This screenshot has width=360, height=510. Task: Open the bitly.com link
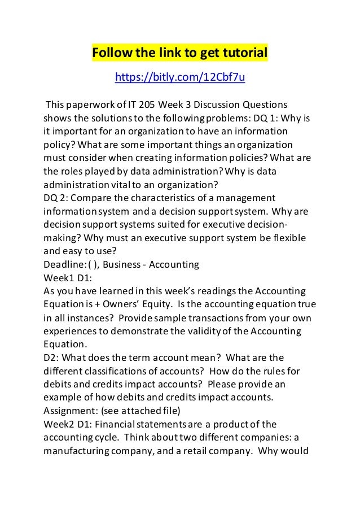pos(179,77)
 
